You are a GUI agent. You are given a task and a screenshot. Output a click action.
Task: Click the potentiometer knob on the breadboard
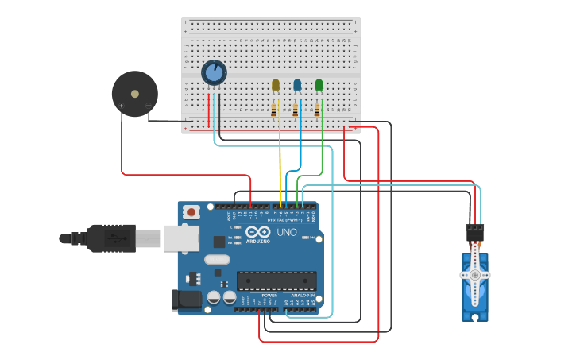(214, 73)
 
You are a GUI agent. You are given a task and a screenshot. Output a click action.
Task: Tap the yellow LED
(276, 85)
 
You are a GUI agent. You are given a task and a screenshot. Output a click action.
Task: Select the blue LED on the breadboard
(297, 85)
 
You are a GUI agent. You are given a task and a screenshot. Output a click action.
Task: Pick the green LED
(319, 85)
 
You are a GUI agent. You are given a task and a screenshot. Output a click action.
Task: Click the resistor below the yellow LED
(274, 110)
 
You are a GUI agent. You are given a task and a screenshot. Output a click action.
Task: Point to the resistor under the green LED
(317, 110)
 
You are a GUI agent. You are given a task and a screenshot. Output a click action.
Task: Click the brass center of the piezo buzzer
(134, 94)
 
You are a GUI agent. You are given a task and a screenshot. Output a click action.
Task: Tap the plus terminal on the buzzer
(122, 106)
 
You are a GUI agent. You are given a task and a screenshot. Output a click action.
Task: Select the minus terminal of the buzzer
(148, 106)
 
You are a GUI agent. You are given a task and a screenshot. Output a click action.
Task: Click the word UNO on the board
(286, 233)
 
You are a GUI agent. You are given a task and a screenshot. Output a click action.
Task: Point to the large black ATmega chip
(276, 280)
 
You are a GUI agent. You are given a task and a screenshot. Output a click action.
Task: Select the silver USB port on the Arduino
(180, 238)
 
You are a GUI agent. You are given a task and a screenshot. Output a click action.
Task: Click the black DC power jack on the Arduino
(188, 300)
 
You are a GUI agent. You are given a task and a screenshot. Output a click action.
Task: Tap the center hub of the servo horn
(475, 275)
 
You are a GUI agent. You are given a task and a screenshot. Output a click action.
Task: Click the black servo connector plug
(475, 232)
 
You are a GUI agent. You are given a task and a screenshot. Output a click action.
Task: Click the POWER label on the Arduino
(269, 295)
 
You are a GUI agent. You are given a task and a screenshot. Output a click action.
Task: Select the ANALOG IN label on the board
(302, 295)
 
